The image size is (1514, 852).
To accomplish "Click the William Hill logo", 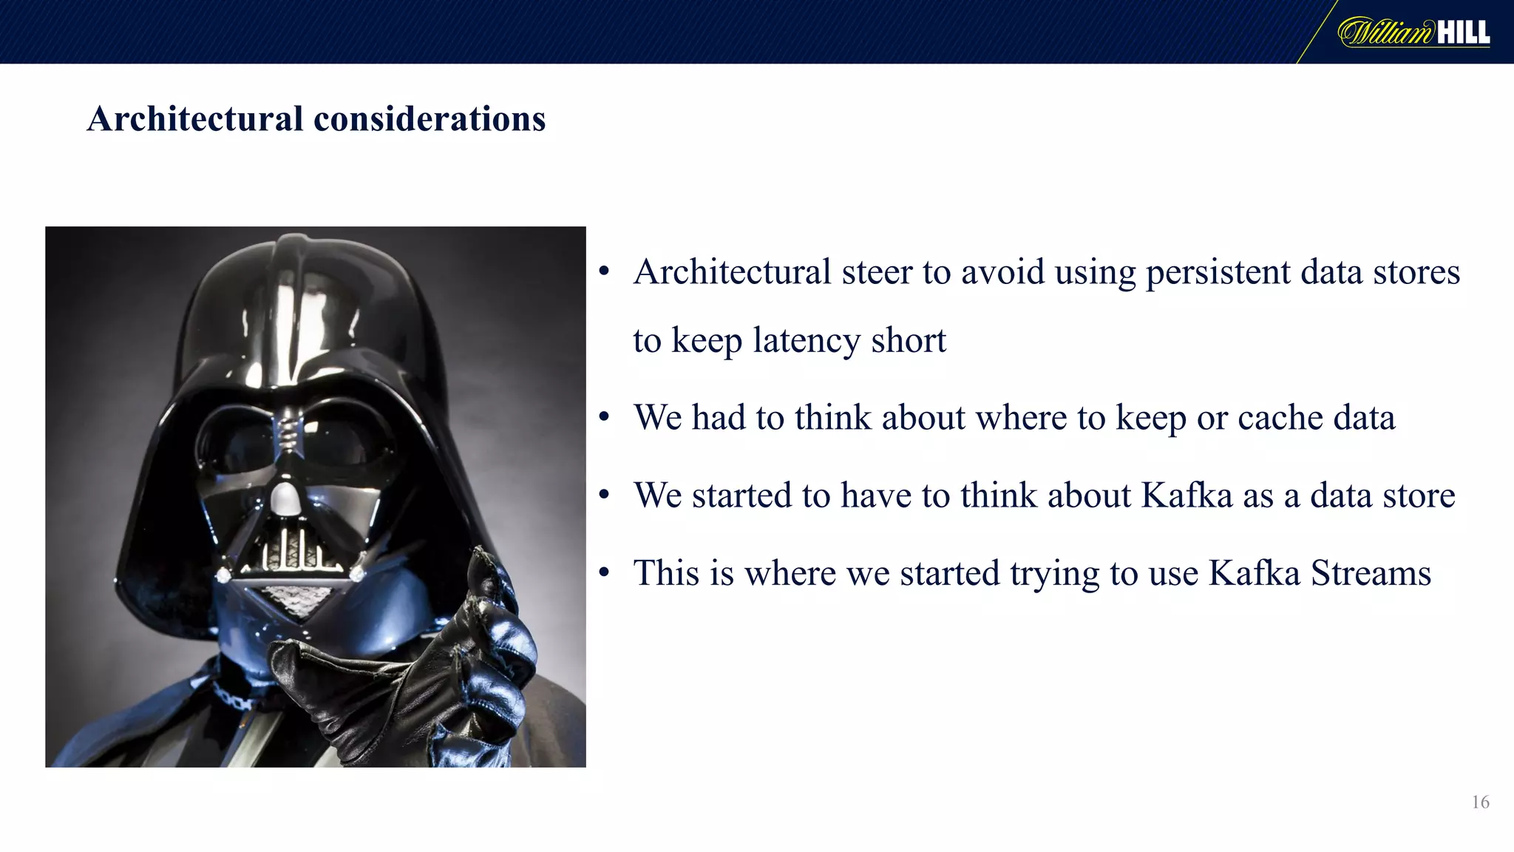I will pos(1413,33).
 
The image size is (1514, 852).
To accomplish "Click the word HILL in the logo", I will pos(1464,33).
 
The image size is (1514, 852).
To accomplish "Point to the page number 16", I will pos(1480,802).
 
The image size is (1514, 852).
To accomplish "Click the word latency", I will pos(807,341).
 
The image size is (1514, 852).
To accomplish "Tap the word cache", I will pos(1280,418).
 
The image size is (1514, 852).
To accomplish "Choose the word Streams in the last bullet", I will pos(1371,573).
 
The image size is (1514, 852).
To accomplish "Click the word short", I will pos(909,341).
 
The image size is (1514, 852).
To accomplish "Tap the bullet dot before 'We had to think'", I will pos(604,417).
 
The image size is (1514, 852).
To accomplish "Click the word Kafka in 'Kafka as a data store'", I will pos(1187,496).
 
